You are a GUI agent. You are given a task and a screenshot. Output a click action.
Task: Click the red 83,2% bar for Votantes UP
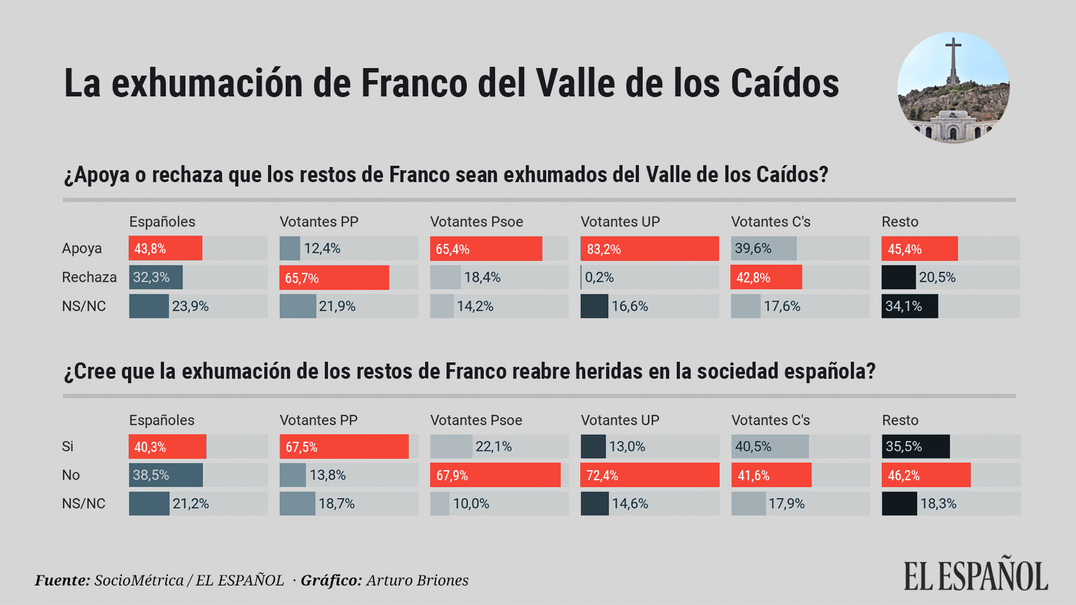pos(650,249)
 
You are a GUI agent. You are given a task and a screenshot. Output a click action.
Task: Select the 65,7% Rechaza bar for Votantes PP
pos(334,278)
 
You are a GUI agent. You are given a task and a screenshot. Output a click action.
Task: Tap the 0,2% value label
pos(599,278)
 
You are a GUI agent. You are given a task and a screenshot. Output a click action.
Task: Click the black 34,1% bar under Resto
pos(909,306)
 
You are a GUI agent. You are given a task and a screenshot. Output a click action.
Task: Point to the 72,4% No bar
pos(650,475)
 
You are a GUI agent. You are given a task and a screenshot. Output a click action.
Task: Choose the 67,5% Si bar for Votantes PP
pos(344,447)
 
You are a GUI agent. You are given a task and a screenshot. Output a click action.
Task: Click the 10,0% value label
pos(471,504)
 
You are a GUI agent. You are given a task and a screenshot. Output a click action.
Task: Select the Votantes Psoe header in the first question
pos(476,222)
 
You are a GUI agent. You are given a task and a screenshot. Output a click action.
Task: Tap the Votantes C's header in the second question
pos(770,420)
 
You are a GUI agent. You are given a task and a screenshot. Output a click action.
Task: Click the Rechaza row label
pos(89,277)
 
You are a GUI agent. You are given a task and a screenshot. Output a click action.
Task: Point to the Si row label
pos(67,447)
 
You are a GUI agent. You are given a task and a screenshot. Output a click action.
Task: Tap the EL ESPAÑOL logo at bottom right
pos(976,576)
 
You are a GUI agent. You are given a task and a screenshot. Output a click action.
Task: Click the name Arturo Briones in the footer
pos(417,580)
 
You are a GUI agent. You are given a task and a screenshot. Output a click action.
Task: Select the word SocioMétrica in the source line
pos(139,580)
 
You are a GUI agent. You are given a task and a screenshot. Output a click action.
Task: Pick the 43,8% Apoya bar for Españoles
pos(166,249)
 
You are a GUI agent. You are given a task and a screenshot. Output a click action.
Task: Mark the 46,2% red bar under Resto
pos(926,475)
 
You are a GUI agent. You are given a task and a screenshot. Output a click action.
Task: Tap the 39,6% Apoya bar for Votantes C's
pos(764,249)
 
